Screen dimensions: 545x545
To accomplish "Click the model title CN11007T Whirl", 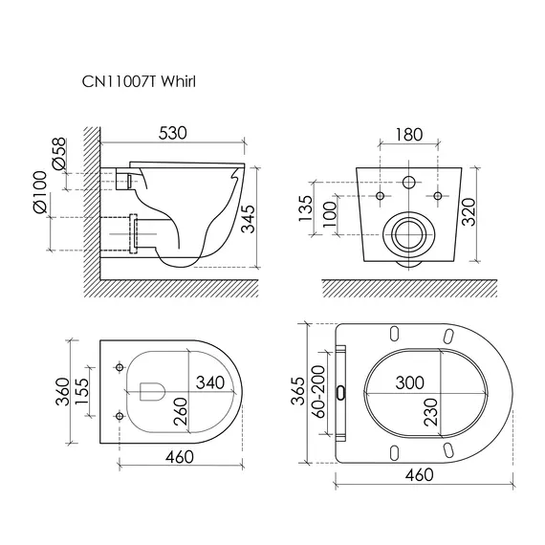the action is pos(139,81).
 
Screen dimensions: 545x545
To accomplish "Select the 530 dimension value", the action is pos(172,133).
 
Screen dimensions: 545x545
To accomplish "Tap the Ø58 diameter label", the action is pos(58,153).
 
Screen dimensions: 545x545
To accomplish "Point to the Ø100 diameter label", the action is pos(39,191).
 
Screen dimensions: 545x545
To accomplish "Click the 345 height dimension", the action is pos(249,219).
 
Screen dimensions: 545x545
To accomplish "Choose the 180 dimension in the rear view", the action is pos(409,135).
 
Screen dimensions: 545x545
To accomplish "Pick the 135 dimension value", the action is pos(306,208).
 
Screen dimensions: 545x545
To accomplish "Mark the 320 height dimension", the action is pos(469,212).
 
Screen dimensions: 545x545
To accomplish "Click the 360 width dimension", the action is pos(63,392).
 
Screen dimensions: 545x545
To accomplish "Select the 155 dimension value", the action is pos(81,391).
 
